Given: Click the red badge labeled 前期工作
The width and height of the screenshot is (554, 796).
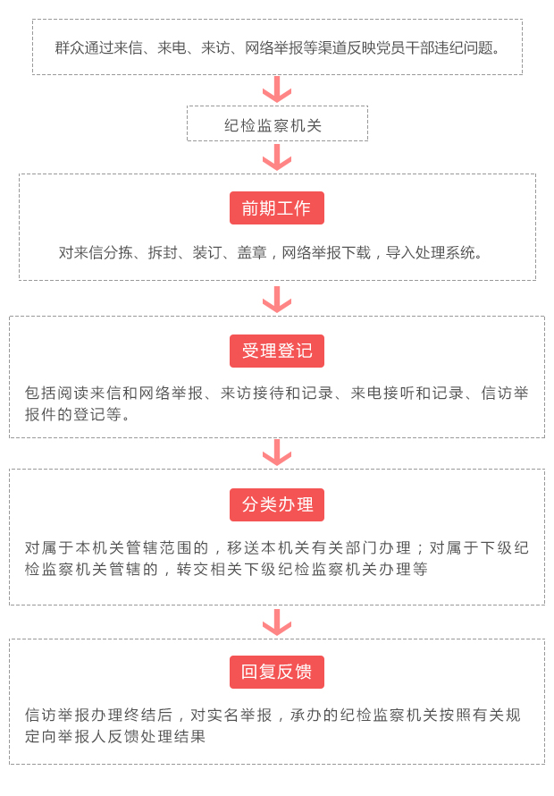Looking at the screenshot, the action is pyautogui.click(x=276, y=207).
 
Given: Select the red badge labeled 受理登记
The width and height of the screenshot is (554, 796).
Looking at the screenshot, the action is pyautogui.click(x=276, y=351).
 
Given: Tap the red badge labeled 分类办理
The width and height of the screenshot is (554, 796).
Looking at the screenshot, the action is pyautogui.click(x=276, y=504).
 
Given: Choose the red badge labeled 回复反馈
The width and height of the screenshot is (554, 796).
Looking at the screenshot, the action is pyautogui.click(x=276, y=673).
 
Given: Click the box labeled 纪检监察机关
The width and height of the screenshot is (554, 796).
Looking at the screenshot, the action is pyautogui.click(x=278, y=123).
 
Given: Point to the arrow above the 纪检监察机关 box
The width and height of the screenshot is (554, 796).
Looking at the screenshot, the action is pyautogui.click(x=277, y=89).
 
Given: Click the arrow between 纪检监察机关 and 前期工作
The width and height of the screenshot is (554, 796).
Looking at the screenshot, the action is pyautogui.click(x=277, y=157).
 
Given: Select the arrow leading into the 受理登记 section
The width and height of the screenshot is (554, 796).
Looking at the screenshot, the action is pyautogui.click(x=277, y=300).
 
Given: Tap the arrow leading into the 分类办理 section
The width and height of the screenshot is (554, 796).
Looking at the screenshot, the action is pyautogui.click(x=277, y=453).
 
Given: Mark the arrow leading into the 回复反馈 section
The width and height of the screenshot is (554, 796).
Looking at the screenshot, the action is pyautogui.click(x=277, y=622).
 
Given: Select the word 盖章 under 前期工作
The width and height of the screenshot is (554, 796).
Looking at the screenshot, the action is pyautogui.click(x=252, y=252).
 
